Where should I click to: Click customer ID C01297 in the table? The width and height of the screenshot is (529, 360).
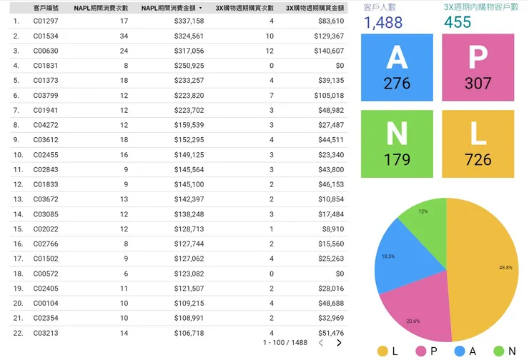46,21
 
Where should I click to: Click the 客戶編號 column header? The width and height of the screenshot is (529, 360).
46,8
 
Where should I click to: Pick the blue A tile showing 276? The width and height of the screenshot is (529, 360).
397,68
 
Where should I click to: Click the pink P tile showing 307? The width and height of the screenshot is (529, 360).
478,68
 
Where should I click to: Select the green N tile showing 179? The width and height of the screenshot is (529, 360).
397,144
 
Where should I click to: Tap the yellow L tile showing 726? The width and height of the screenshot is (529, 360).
478,144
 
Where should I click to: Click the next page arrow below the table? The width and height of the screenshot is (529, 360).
339,343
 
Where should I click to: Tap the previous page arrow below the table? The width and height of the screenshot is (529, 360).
321,343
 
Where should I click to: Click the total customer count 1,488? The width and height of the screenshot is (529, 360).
383,23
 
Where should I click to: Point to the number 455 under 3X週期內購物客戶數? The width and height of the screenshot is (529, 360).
458,23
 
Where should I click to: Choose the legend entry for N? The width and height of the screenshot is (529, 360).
504,351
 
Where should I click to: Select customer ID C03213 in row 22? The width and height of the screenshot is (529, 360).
46,332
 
